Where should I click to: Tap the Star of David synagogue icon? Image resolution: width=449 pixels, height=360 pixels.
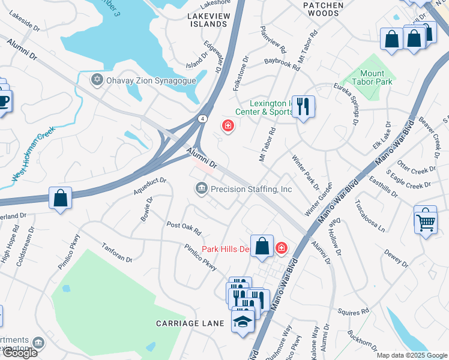pos(96,79)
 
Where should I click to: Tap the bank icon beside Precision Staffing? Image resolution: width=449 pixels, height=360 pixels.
pos(200,189)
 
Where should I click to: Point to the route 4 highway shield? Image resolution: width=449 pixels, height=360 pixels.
pos(204,119)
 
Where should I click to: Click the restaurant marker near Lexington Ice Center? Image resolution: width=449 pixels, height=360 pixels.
pos(303,107)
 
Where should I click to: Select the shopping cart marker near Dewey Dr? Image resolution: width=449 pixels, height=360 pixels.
pos(426,220)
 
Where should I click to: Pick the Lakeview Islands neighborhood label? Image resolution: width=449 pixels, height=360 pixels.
pos(208,20)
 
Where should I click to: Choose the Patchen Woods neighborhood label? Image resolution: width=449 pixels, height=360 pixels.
pos(324,9)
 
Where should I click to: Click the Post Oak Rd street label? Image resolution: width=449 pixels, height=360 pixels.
pos(184,228)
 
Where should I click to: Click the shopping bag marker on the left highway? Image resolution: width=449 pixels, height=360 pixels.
pos(61,198)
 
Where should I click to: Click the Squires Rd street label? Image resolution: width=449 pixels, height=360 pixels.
pos(353,312)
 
